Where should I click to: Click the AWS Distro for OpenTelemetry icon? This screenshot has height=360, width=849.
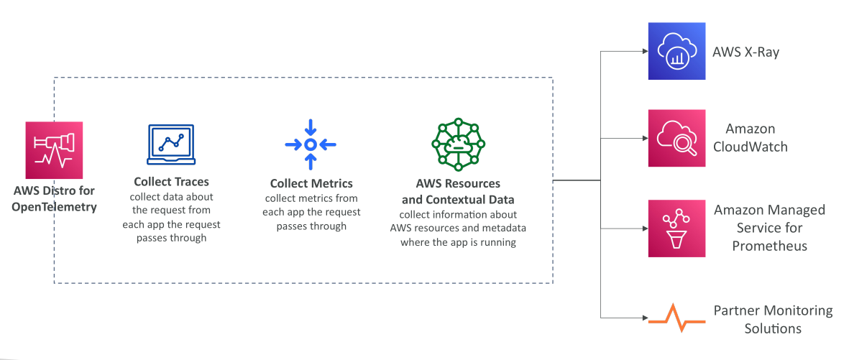54,150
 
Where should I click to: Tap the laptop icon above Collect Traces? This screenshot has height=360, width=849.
171,144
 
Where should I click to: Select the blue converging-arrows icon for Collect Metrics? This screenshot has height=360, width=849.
311,144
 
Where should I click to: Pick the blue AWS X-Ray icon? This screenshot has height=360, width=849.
676,51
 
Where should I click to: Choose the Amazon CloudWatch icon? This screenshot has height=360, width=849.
676,138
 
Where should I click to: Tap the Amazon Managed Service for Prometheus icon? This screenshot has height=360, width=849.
676,229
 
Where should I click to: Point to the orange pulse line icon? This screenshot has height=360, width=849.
676,318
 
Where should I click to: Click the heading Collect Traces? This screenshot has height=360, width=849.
171,181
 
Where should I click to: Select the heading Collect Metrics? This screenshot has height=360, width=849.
311,183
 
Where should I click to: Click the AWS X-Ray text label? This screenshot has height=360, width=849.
745,52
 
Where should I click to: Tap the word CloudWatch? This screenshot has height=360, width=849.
751,147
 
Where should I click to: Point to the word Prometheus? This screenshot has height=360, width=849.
769,246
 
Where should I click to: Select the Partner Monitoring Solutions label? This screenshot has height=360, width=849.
774,319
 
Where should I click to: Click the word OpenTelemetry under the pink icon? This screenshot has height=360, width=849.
55,207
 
